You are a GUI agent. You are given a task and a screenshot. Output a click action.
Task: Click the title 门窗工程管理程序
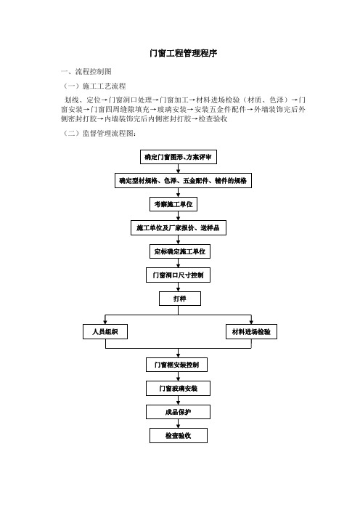coord(183,53)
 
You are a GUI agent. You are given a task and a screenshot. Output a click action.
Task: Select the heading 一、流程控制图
coord(86,71)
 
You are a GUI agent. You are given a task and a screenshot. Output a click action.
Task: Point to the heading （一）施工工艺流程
coord(94,86)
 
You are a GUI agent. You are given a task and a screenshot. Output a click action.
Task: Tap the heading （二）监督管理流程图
coord(99,133)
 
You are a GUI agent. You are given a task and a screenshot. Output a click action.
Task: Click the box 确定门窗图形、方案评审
coord(178,157)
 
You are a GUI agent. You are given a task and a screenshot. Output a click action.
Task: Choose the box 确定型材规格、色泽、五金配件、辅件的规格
coord(183,180)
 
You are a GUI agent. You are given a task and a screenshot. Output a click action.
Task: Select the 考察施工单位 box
coord(173,204)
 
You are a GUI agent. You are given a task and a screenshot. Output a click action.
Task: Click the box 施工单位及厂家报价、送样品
coord(179,227)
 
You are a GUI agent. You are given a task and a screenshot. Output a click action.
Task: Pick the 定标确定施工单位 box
coord(180,251)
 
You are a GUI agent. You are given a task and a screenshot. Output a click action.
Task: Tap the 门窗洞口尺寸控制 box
coord(178,275)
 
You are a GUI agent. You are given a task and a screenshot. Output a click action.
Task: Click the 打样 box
coord(180,299)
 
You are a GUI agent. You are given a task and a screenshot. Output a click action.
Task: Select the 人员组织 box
coord(105,332)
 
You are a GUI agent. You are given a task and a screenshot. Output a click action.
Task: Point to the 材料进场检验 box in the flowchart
coord(251,332)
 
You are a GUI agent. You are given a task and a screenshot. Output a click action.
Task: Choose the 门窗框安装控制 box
coord(177,365)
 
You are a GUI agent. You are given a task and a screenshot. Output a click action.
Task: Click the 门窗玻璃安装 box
coord(178,389)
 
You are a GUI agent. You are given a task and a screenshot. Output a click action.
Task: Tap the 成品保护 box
coord(178,412)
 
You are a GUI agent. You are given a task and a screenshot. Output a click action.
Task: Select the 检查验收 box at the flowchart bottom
coord(179,435)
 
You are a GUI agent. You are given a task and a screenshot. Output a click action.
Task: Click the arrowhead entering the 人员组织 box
coord(105,322)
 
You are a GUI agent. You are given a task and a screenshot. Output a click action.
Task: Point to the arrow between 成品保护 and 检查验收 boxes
coord(178,424)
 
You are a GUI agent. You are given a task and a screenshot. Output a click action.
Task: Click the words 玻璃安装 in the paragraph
coord(172,110)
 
